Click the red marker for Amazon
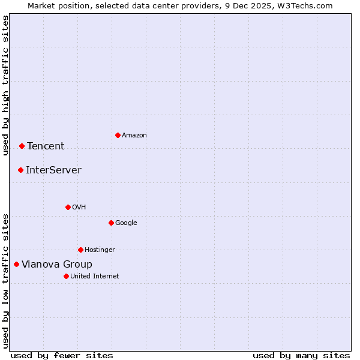[x=118, y=135]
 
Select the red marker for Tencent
[x=22, y=146]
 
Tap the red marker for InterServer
[x=20, y=170]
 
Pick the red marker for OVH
[x=68, y=207]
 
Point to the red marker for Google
[x=111, y=223]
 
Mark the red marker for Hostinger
[x=80, y=250]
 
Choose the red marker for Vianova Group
[x=16, y=264]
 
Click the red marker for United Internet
[x=66, y=276]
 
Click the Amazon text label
[x=134, y=136]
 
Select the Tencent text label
[x=46, y=146]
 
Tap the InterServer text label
[x=53, y=170]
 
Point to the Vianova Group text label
[x=57, y=265]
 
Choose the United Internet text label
[x=95, y=277]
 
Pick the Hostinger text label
[x=100, y=250]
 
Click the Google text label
[x=126, y=223]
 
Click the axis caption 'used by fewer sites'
[x=62, y=355]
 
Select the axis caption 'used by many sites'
[x=301, y=355]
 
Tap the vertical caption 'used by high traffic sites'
[x=5, y=85]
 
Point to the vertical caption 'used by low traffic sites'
[x=5, y=281]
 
